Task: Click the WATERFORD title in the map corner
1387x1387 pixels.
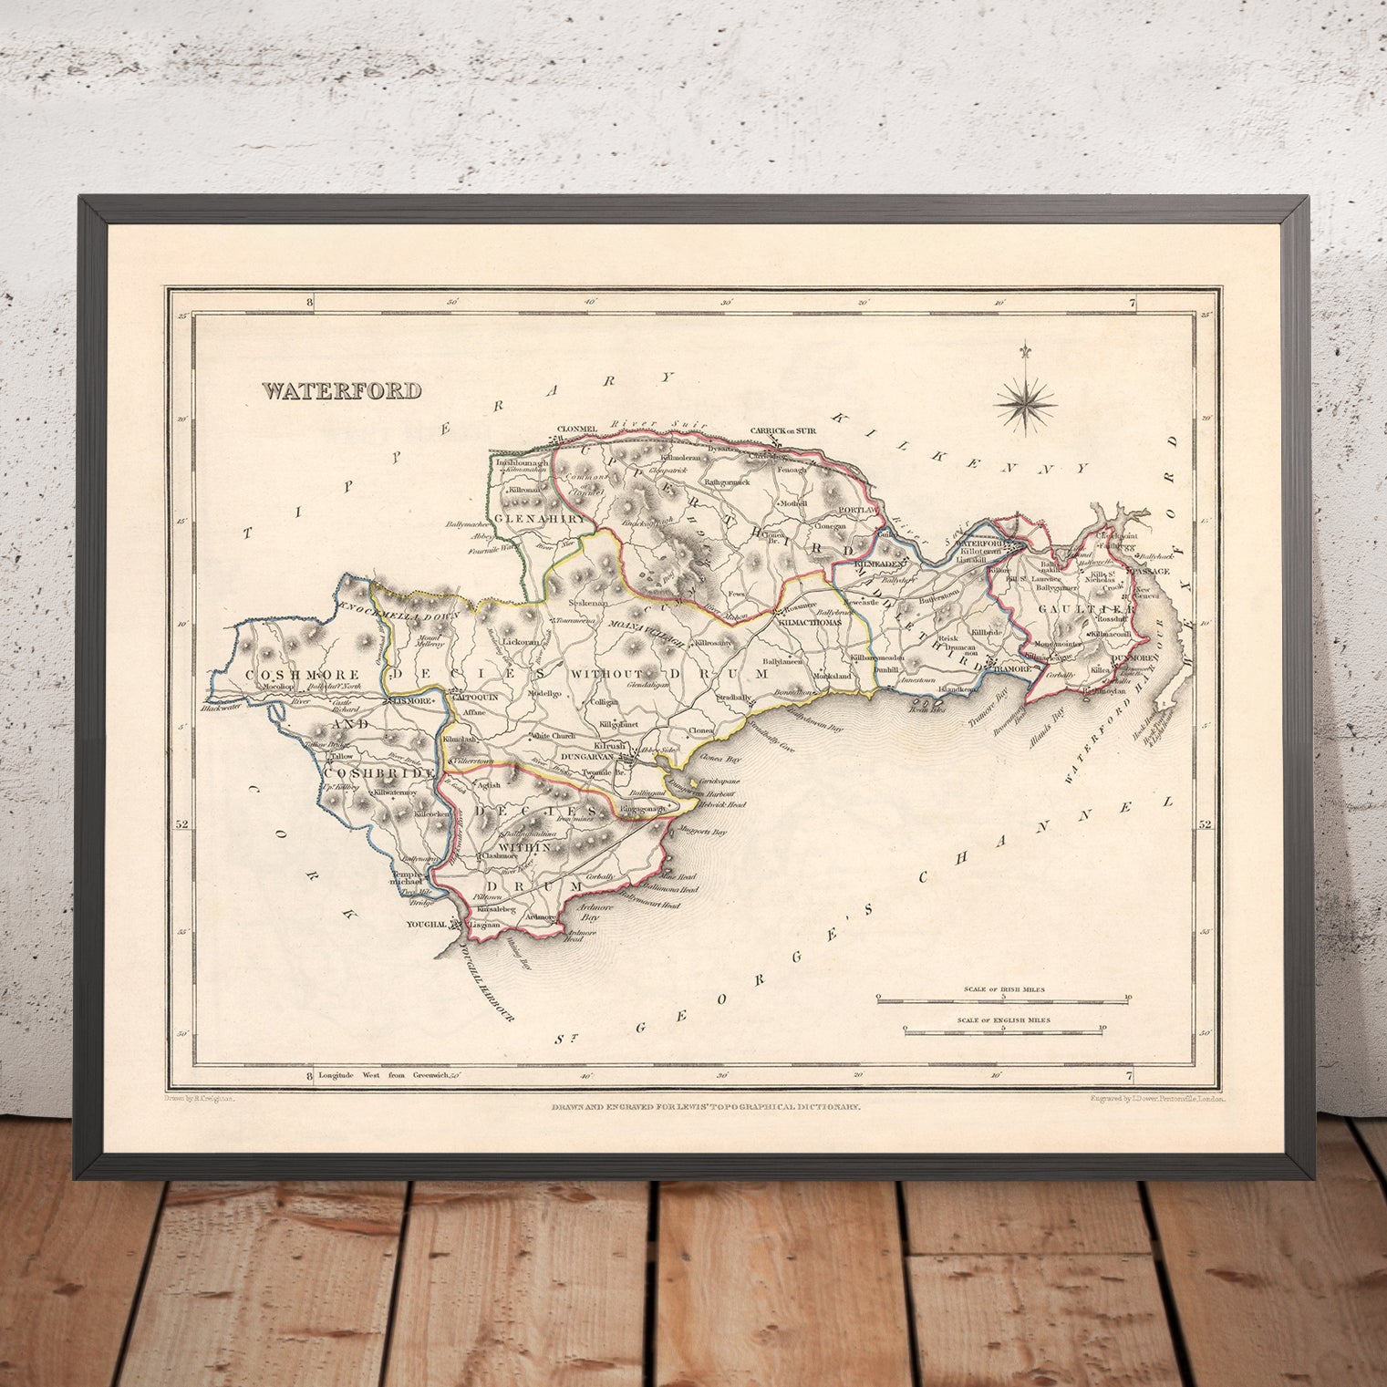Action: click(x=342, y=391)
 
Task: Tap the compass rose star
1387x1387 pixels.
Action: click(x=1026, y=399)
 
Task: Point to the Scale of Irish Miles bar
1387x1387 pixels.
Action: click(x=1003, y=1000)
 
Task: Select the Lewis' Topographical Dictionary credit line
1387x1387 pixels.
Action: click(x=705, y=1106)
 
